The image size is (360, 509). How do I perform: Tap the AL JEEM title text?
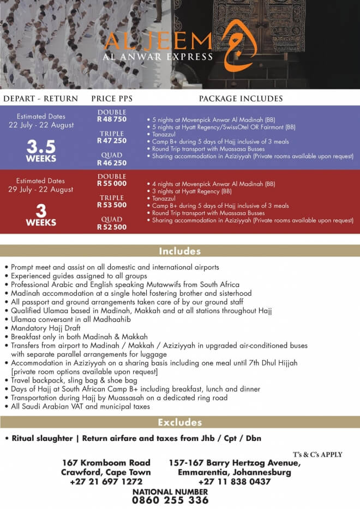click(158, 41)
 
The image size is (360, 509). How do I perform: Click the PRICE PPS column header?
click(112, 99)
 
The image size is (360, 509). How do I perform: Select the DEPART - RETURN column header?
click(41, 99)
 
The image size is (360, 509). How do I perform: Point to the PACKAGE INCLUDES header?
click(241, 99)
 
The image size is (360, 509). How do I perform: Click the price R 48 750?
click(112, 119)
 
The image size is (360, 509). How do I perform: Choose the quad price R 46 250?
click(112, 163)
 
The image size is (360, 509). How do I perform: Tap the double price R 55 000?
click(112, 184)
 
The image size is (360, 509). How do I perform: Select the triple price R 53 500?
click(112, 205)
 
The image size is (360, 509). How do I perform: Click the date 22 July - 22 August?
click(41, 125)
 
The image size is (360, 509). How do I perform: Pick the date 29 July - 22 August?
click(41, 189)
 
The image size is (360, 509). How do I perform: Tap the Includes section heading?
click(180, 251)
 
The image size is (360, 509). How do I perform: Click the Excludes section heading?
click(180, 422)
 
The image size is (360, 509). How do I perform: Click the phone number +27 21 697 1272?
click(106, 482)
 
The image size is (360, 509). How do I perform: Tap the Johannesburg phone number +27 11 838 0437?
click(235, 482)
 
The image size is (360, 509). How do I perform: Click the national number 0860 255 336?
click(171, 500)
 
